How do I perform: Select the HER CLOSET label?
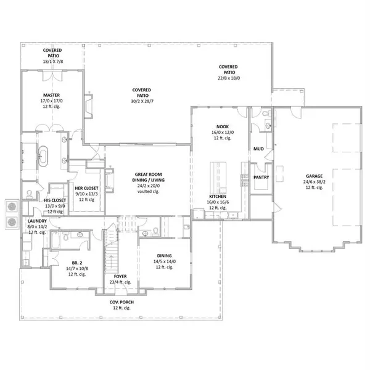84,187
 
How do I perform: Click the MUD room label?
259,149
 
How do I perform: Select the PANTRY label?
261,177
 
